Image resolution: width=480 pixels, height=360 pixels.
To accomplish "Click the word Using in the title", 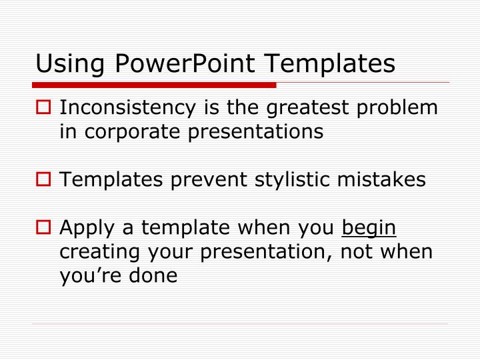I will point(66,64).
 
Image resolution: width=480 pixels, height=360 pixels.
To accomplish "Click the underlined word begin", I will point(369,229).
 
